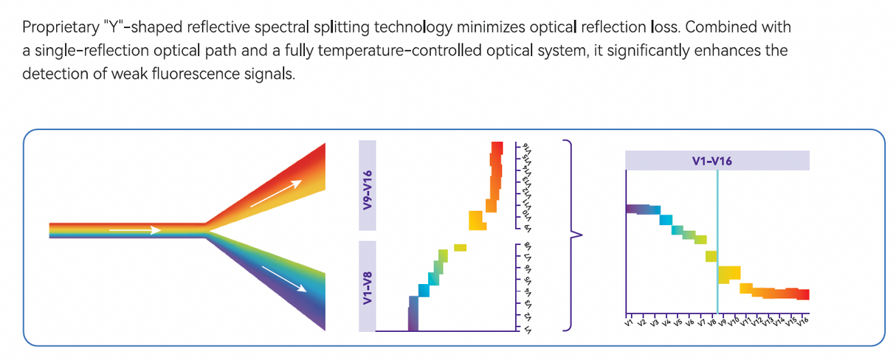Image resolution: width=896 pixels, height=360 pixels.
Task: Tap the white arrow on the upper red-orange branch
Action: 275,193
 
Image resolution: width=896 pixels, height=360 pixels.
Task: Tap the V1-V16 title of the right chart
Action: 717,160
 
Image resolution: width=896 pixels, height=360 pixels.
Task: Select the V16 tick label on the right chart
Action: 802,321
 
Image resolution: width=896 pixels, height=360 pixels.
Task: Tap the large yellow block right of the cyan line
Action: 729,274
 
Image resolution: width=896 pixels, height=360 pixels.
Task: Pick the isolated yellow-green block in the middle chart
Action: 461,248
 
